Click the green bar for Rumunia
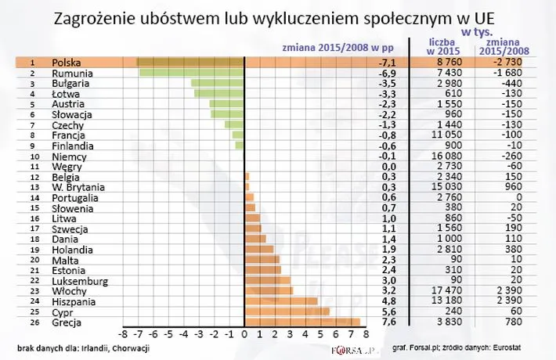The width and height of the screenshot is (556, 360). [x=192, y=72]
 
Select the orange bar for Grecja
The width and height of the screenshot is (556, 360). [x=302, y=321]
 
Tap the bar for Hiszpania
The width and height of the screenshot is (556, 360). [x=281, y=301]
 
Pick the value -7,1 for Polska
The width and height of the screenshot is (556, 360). [x=389, y=62]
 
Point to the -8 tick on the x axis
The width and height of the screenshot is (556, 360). [x=123, y=334]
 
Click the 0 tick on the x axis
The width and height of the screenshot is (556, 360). [x=245, y=334]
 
